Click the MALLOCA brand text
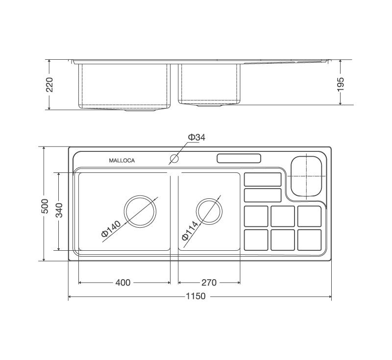pyautogui.click(x=122, y=161)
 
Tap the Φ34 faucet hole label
pyautogui.click(x=196, y=138)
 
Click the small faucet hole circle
pyautogui.click(x=174, y=159)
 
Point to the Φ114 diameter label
pyautogui.click(x=190, y=230)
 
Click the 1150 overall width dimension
pyautogui.click(x=196, y=296)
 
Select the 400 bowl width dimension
pyautogui.click(x=123, y=283)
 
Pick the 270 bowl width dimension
pyautogui.click(x=209, y=283)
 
